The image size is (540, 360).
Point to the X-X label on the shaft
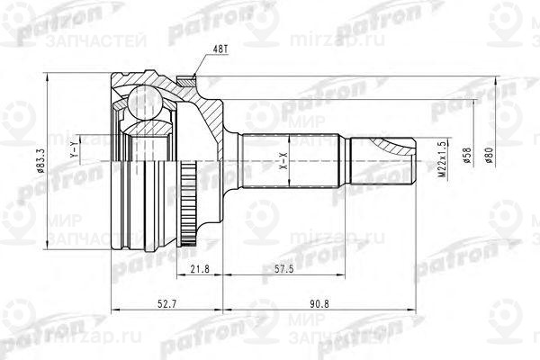(x=283, y=162)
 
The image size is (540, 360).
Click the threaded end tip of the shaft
(x=409, y=159)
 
